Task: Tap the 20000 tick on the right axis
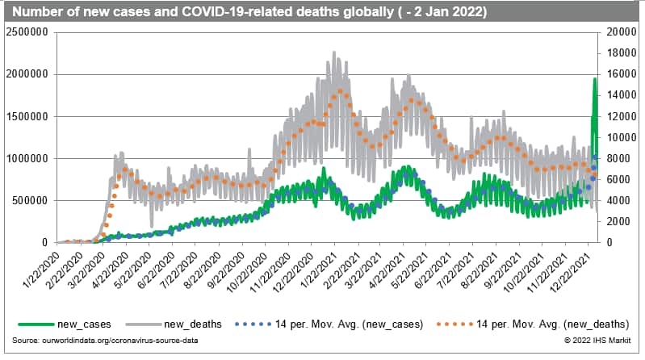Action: click(618, 31)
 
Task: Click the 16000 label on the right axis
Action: click(618, 73)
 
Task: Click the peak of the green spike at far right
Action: click(595, 78)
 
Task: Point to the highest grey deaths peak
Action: click(334, 52)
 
